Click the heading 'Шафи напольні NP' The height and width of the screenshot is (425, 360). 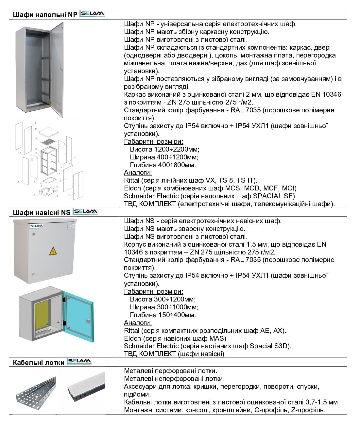click(45, 15)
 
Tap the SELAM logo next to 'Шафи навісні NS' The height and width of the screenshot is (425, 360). click(85, 212)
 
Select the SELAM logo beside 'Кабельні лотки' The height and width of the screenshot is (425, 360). click(79, 362)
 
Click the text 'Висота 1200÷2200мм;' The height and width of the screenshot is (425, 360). click(164, 149)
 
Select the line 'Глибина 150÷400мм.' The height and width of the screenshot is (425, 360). click(163, 315)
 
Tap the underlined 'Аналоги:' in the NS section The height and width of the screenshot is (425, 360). click(138, 323)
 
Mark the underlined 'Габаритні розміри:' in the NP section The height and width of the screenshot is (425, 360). click(154, 141)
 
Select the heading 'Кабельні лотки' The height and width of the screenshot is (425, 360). click(39, 362)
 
